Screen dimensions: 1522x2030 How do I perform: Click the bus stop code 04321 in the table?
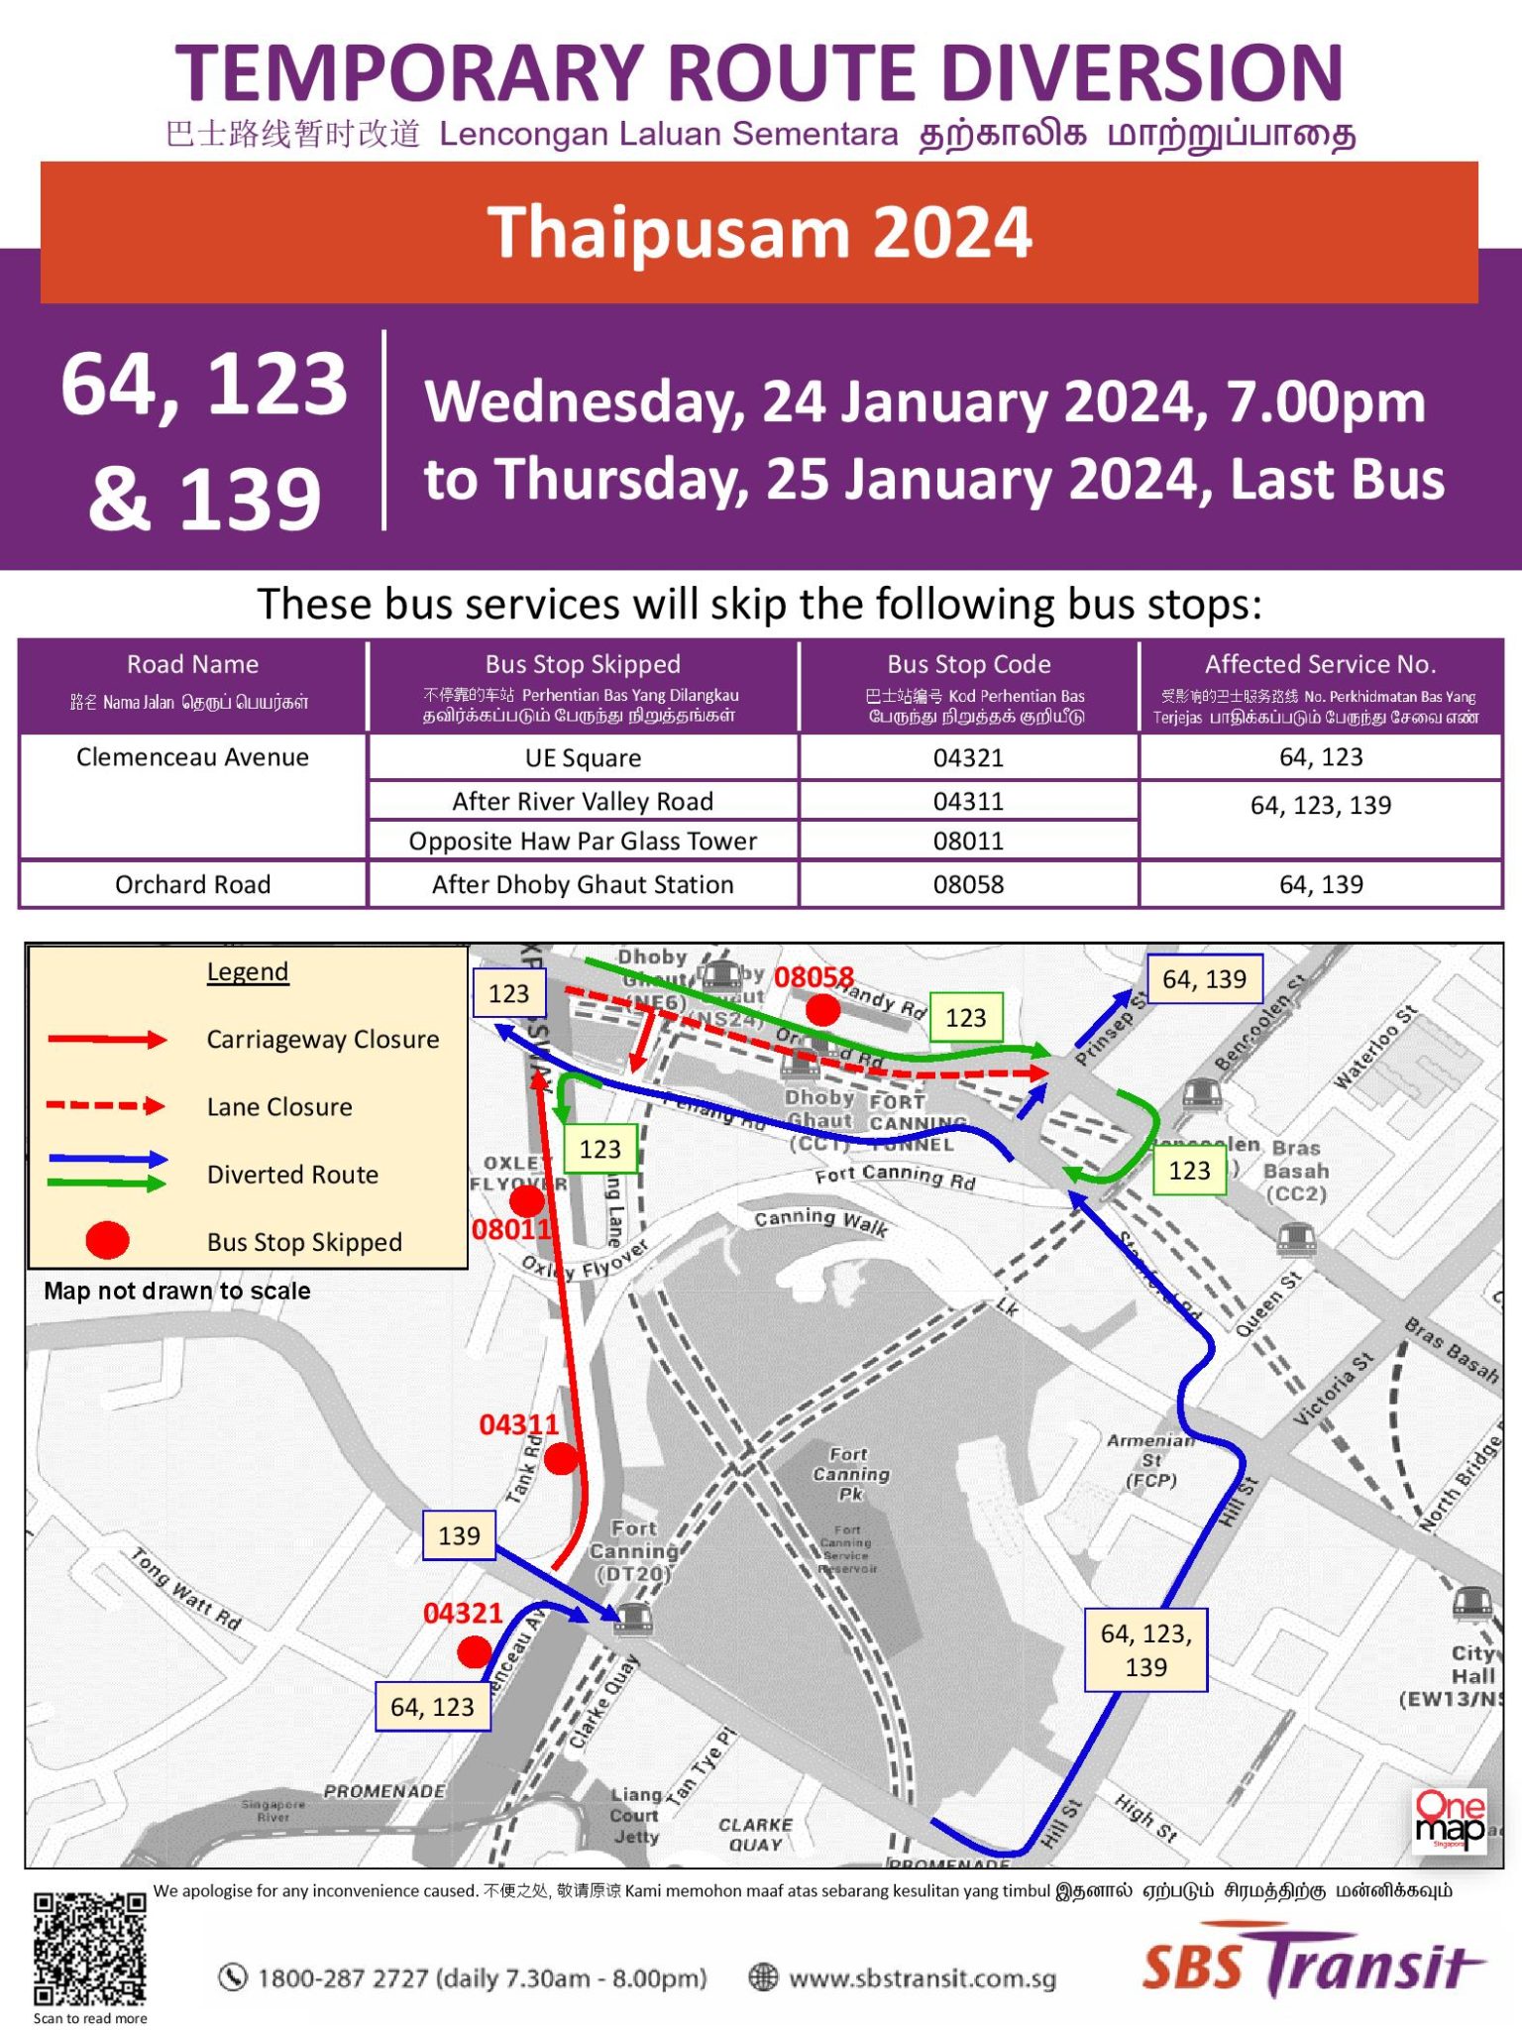click(968, 758)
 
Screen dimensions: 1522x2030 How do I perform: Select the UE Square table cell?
click(583, 758)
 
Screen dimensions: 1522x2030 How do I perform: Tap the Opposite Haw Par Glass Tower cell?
click(583, 842)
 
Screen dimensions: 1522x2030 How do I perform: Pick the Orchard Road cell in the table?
click(192, 884)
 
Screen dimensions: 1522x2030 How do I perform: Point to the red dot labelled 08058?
click(822, 1010)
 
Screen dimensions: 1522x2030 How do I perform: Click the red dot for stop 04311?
click(561, 1458)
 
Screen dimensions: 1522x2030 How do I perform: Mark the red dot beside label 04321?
click(474, 1651)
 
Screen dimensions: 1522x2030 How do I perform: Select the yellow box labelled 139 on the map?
click(459, 1535)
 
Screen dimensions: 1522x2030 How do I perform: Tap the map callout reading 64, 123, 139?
click(1145, 1649)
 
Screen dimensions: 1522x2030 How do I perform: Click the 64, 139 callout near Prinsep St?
click(1204, 979)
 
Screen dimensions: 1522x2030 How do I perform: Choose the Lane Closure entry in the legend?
click(278, 1107)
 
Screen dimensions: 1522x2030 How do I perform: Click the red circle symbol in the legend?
click(107, 1240)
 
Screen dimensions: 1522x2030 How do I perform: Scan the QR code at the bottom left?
click(90, 1948)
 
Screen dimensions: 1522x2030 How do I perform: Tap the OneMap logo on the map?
click(1450, 1819)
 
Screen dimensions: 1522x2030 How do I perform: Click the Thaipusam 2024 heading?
click(759, 232)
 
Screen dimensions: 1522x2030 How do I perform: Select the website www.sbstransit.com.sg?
click(922, 1978)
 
